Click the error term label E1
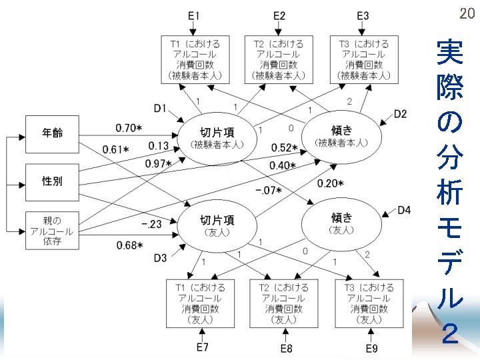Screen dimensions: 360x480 pos(193,15)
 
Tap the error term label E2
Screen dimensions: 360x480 pos(279,15)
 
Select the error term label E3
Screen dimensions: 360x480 pos(363,15)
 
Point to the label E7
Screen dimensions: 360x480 pos(203,347)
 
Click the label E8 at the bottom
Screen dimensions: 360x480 pos(286,347)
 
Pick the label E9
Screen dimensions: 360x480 pos(372,347)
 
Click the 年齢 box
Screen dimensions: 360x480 pos(53,133)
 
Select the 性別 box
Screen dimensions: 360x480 pos(53,181)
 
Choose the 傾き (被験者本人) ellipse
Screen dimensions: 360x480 pos(341,137)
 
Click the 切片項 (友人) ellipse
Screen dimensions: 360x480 pos(217,225)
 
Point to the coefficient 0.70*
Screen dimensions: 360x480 pos(129,127)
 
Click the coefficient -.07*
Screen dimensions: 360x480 pos(269,191)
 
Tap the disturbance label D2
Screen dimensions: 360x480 pos(400,114)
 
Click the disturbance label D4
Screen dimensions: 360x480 pos(404,211)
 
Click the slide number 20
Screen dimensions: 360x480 pos(466,14)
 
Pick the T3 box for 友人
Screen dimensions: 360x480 pos(369,303)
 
